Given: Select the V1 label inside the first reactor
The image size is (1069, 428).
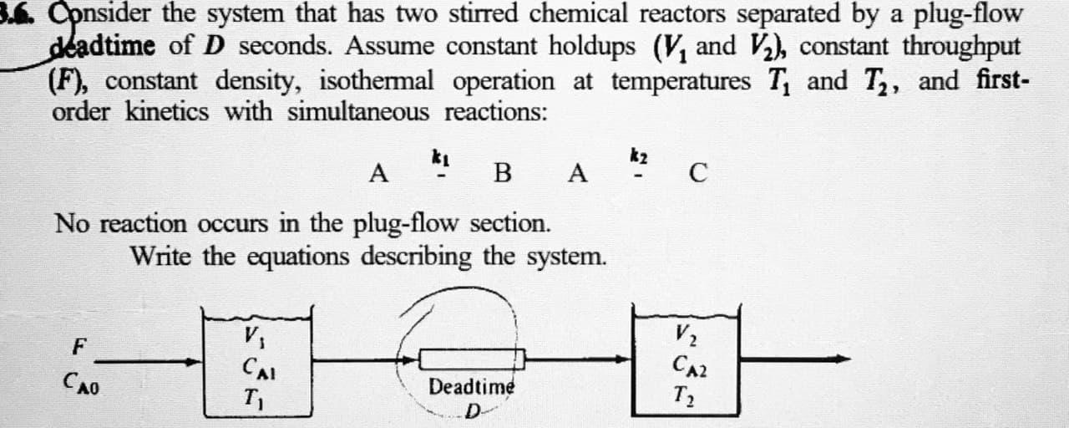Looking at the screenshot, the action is click(250, 339).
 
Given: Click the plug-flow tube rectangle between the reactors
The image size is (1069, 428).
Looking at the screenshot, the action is click(471, 360).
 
